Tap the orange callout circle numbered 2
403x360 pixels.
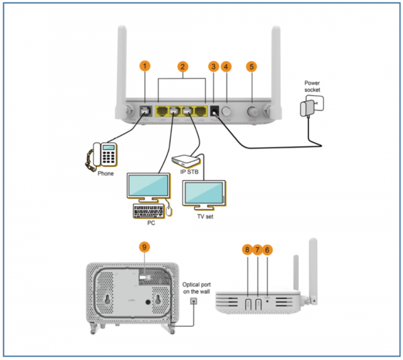tap(181, 66)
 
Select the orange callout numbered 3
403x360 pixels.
tap(214, 66)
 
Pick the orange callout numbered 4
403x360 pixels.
tap(226, 66)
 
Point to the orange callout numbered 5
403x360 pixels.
tap(252, 66)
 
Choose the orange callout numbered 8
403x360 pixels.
tap(247, 250)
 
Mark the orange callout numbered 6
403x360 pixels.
tap(268, 250)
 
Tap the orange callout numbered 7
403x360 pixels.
tap(257, 250)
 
